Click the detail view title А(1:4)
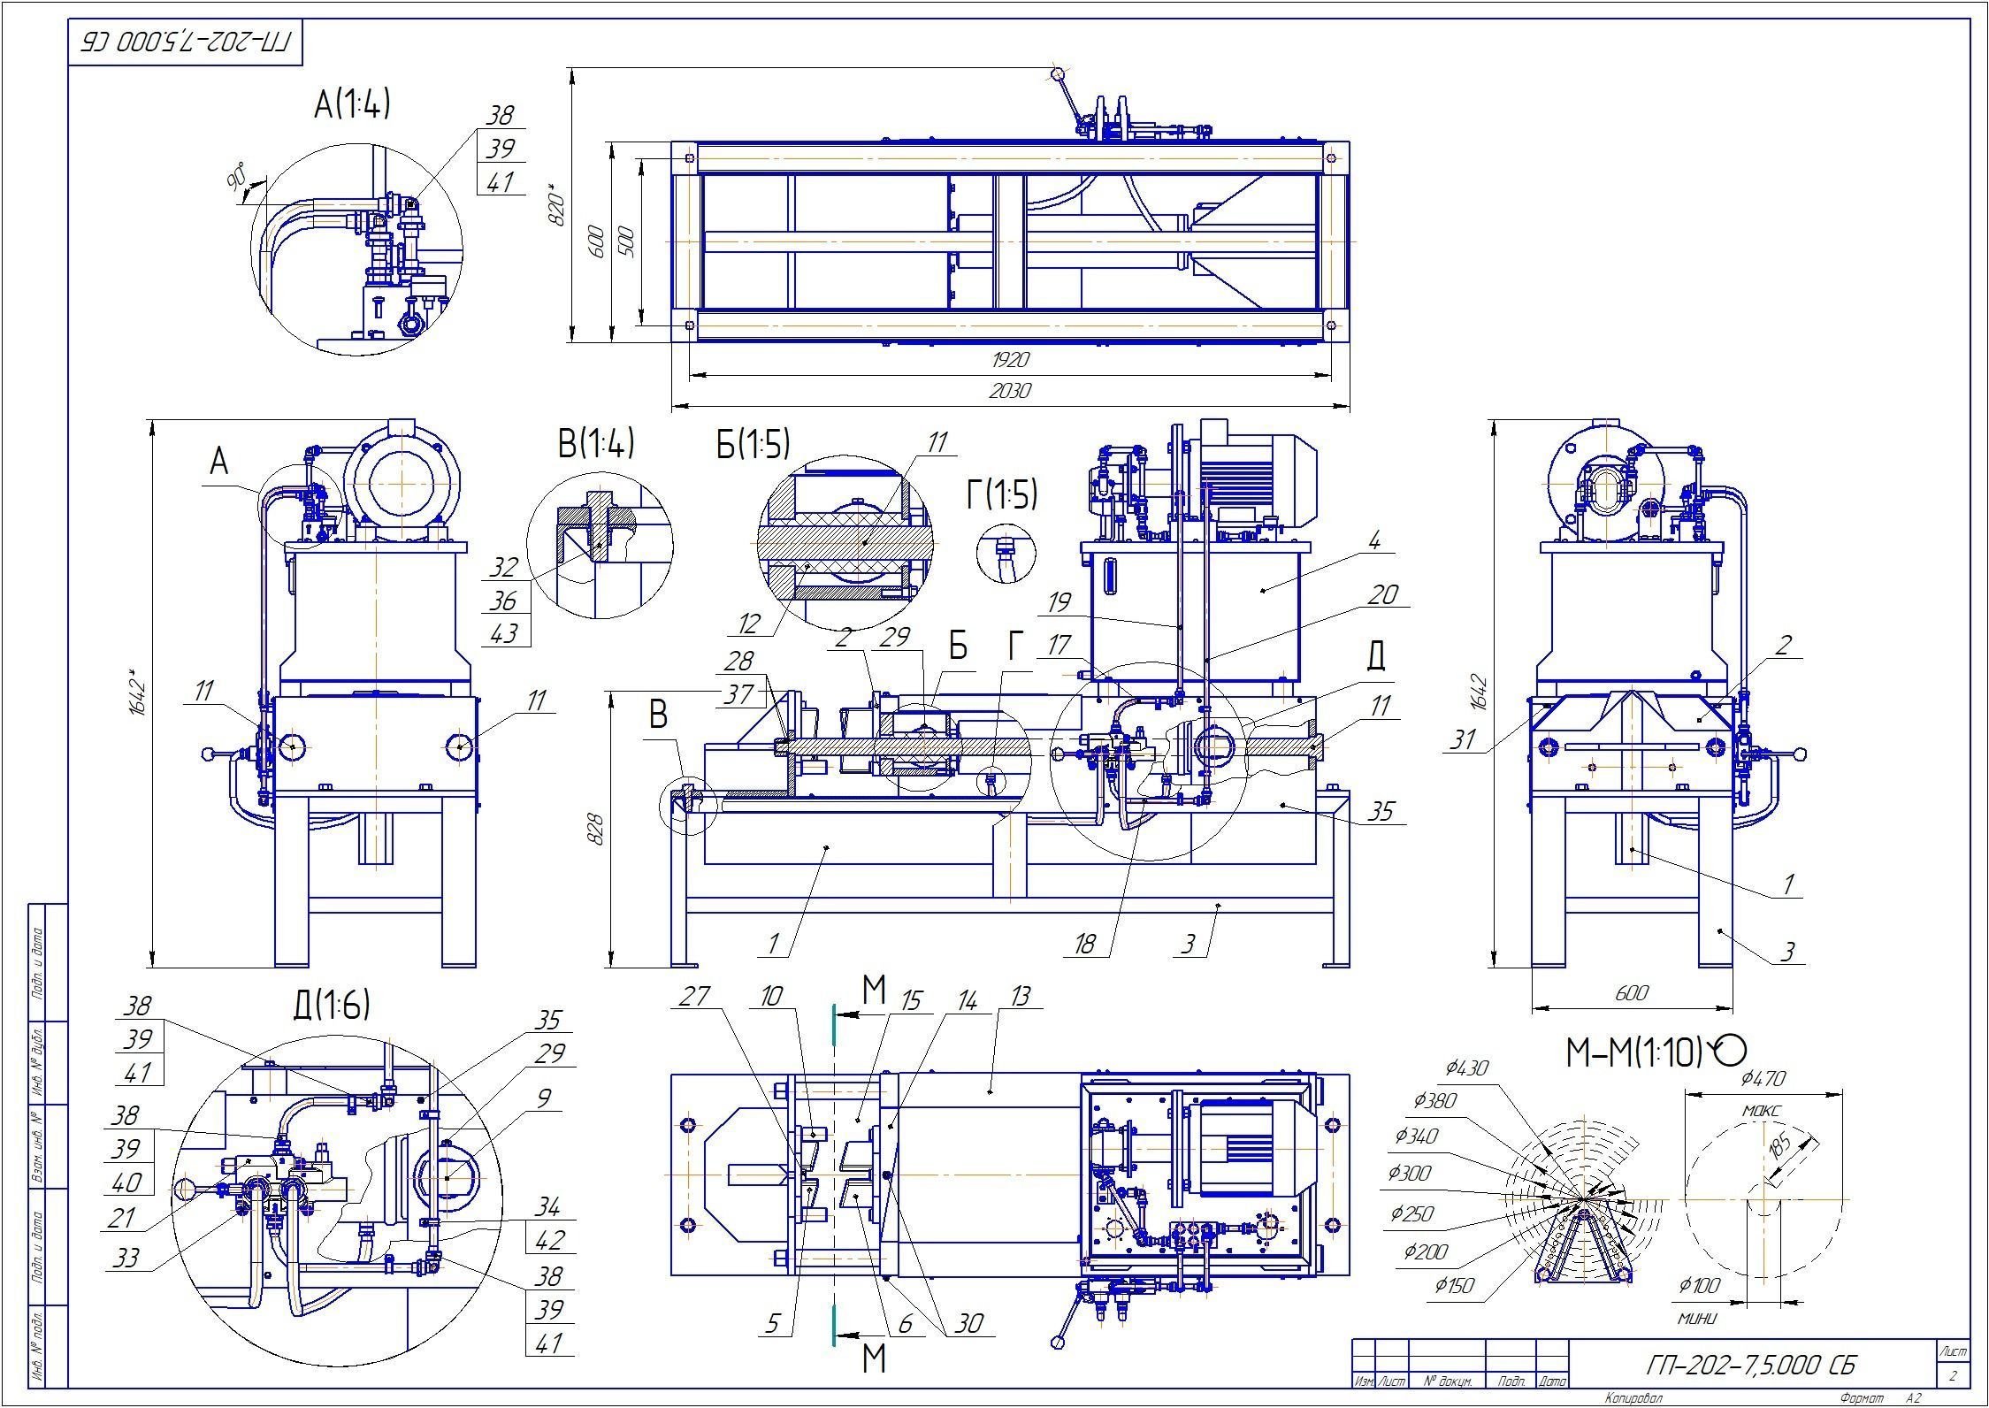tap(352, 105)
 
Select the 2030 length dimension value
tap(1010, 390)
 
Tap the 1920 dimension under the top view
tap(1010, 360)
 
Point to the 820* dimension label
tap(557, 205)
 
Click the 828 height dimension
tap(596, 829)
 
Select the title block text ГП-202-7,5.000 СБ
tap(1751, 1365)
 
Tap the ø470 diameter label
tap(1763, 1078)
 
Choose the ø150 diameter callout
tap(1454, 1285)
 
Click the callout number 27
tap(694, 997)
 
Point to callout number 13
tap(1020, 997)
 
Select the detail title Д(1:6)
tap(331, 1005)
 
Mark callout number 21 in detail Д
tap(120, 1218)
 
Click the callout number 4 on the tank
tap(1373, 540)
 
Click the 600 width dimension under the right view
tap(1631, 993)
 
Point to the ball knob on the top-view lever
tap(1057, 73)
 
